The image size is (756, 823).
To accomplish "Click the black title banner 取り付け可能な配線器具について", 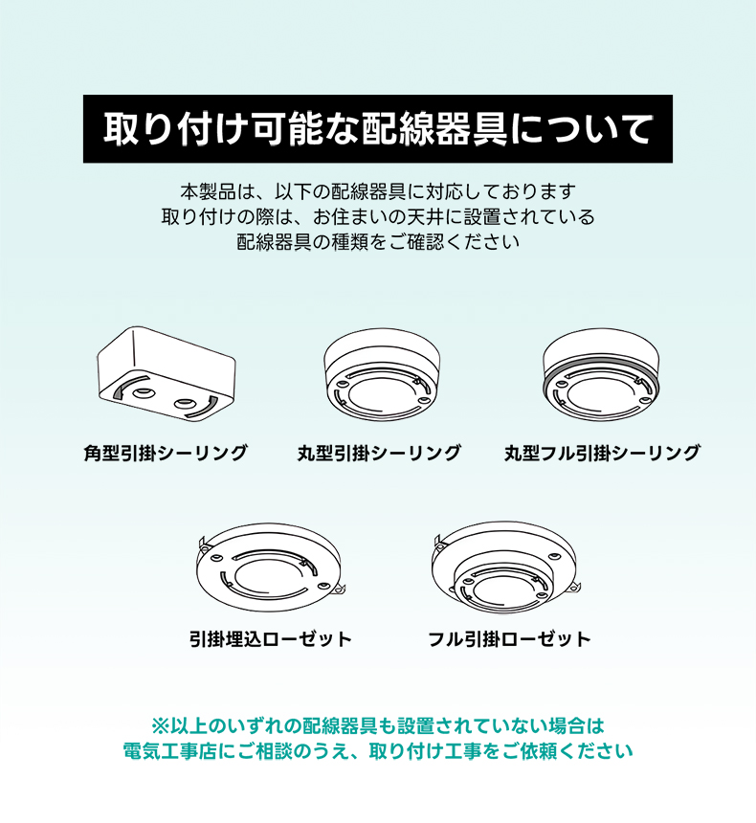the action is pyautogui.click(x=377, y=128).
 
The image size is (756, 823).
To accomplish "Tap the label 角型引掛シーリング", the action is pyautogui.click(x=166, y=453).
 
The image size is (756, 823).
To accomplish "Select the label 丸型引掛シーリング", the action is pyautogui.click(x=379, y=453).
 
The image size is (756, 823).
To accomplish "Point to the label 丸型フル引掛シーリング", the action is pyautogui.click(x=602, y=453).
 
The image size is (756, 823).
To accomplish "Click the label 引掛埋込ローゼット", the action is pyautogui.click(x=271, y=638).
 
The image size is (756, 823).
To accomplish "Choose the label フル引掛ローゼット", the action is pyautogui.click(x=509, y=638).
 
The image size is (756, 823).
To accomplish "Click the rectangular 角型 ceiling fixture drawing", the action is pyautogui.click(x=166, y=372).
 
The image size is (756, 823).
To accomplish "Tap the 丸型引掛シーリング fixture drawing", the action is pyautogui.click(x=382, y=375).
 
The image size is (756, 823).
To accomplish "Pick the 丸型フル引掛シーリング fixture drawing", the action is pyautogui.click(x=601, y=375).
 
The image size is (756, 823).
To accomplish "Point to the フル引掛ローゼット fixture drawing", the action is pyautogui.click(x=504, y=567).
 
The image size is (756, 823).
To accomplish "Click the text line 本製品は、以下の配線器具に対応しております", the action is pyautogui.click(x=378, y=191).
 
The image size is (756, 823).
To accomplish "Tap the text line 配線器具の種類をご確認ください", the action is pyautogui.click(x=378, y=242).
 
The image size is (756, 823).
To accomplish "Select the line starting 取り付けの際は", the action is pyautogui.click(x=378, y=217).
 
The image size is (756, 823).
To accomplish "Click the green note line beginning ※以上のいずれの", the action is pyautogui.click(x=378, y=726).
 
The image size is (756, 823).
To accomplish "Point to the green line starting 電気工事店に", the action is pyautogui.click(x=378, y=751).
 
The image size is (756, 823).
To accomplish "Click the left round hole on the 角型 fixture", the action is pyautogui.click(x=142, y=392).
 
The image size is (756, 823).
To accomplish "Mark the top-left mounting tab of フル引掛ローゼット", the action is pyautogui.click(x=439, y=544).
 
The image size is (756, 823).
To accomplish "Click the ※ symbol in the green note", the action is pyautogui.click(x=160, y=726).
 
